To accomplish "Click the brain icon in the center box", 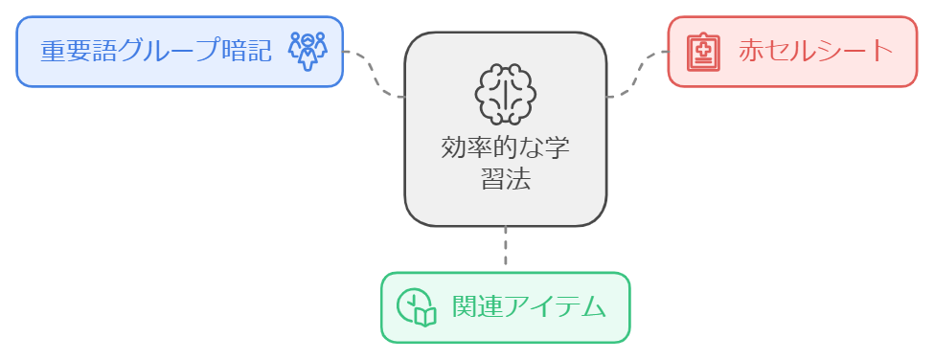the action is pos(505,95).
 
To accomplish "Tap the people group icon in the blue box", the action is pos(308,51).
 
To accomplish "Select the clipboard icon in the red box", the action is pos(703,53).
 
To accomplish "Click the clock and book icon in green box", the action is pos(417,307).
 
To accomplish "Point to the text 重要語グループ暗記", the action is pos(156,52).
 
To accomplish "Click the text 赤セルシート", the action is pos(816,51).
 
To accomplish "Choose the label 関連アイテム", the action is pos(529,307).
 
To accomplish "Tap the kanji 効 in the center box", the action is pos(453,148).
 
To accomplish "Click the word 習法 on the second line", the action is pos(505,179).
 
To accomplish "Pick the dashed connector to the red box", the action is pos(637,75).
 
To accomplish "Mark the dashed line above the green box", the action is pos(505,249).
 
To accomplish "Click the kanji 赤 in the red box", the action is pos(751,51).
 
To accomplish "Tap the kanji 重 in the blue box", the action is pos(53,52).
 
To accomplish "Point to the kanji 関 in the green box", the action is pos(465,307).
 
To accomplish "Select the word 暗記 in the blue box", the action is pos(246,52).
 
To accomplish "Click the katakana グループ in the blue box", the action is pos(170,52).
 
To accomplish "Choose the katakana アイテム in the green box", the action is pos(556,307).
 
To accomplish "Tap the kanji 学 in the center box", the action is pos(557,148).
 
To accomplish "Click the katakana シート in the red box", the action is pos(855,51).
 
